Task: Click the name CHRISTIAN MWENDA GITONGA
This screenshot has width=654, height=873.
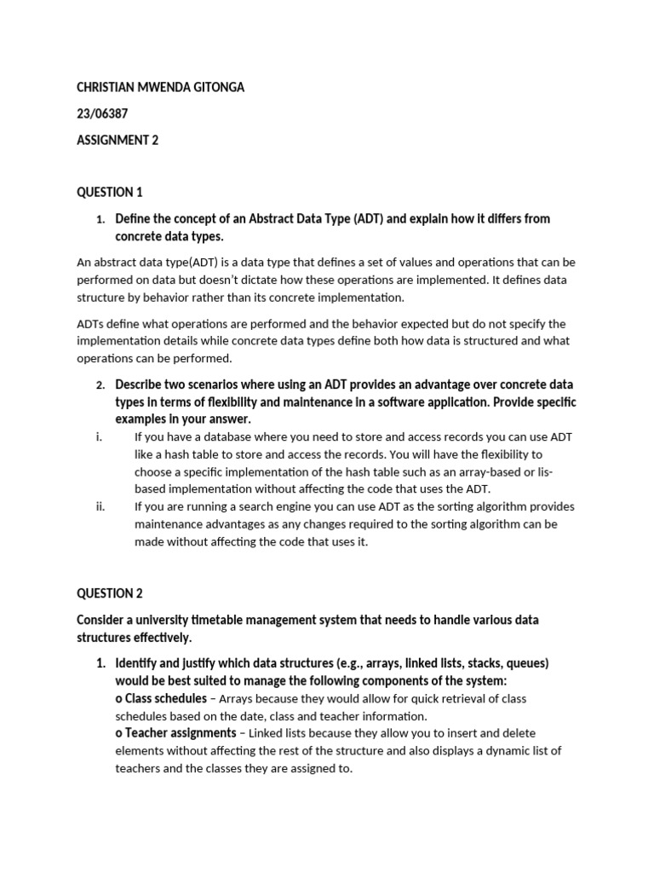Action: pyautogui.click(x=160, y=88)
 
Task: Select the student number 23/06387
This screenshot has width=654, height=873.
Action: pyautogui.click(x=104, y=114)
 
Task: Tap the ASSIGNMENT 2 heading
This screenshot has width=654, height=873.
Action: pyautogui.click(x=118, y=141)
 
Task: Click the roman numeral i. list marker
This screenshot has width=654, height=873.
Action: pyautogui.click(x=100, y=436)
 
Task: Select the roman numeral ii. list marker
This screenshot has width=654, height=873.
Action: pyautogui.click(x=100, y=506)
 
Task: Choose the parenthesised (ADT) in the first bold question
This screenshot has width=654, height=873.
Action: pyautogui.click(x=367, y=219)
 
